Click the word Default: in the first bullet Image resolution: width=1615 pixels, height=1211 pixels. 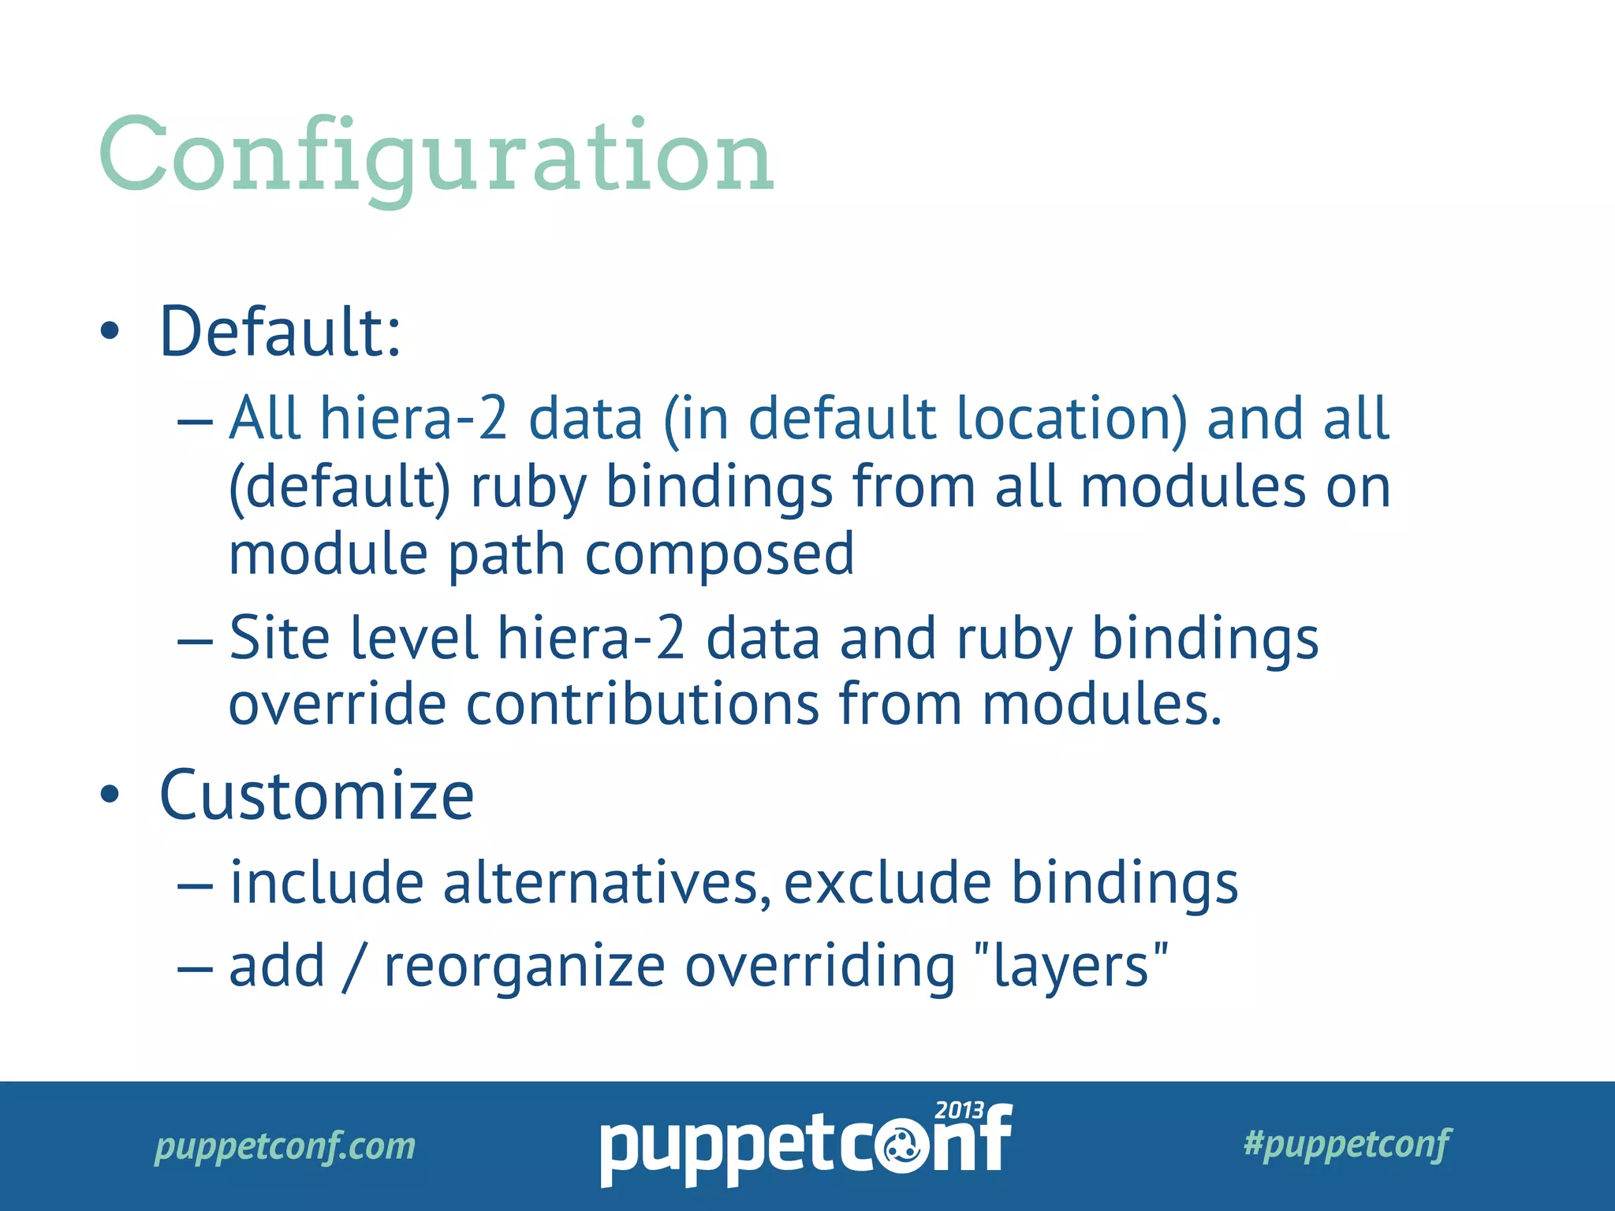281,332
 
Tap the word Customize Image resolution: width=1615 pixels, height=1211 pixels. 316,796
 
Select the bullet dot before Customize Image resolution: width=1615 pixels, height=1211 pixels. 110,795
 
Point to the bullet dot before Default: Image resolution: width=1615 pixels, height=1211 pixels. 110,332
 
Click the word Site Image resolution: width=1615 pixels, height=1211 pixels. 279,638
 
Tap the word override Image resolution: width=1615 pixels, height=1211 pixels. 338,704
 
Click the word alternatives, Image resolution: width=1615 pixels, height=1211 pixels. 607,883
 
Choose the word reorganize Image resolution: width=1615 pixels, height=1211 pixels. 524,968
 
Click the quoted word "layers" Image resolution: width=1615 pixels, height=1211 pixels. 1071,967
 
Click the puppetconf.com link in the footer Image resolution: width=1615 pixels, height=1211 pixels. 285,1146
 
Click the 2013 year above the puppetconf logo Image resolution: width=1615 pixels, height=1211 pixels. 959,1111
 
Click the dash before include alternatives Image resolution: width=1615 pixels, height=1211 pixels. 195,886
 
